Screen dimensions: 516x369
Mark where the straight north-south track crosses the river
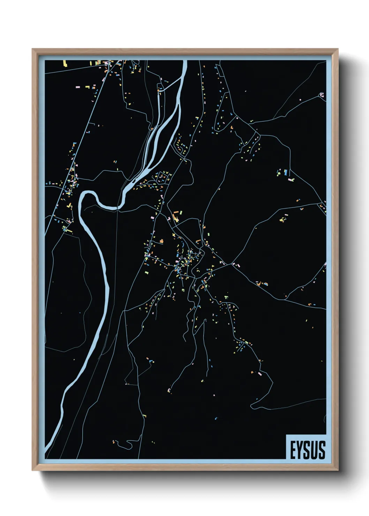click(118, 208)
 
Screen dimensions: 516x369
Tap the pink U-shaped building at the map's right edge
click(322, 94)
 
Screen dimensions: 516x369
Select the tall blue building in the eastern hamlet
click(286, 172)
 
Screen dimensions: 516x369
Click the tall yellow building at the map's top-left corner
click(65, 63)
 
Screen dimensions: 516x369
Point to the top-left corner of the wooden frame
click(32, 49)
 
